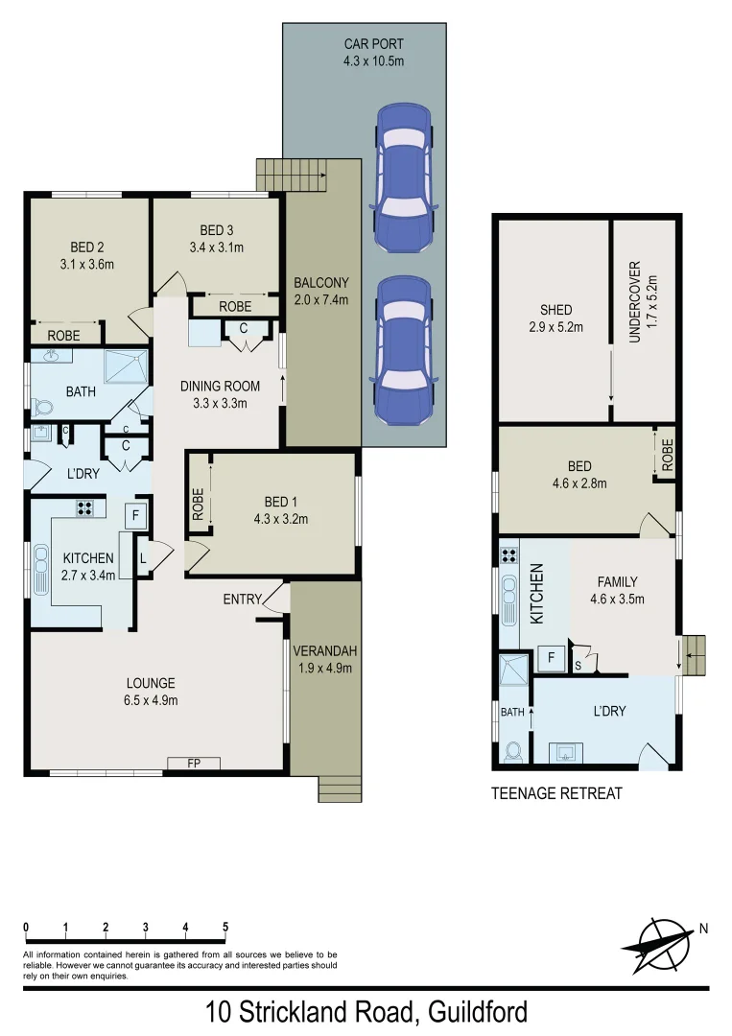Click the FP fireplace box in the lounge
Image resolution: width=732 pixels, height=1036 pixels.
point(193,764)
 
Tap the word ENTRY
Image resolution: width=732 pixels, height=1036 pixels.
point(242,600)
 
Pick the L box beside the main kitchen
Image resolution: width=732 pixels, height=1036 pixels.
point(143,558)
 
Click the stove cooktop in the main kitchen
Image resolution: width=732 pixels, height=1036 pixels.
point(83,509)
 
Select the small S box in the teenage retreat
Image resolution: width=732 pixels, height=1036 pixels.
point(578,663)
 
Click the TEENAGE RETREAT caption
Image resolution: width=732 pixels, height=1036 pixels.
point(556,793)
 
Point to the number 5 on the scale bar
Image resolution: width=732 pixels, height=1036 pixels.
point(224,928)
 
